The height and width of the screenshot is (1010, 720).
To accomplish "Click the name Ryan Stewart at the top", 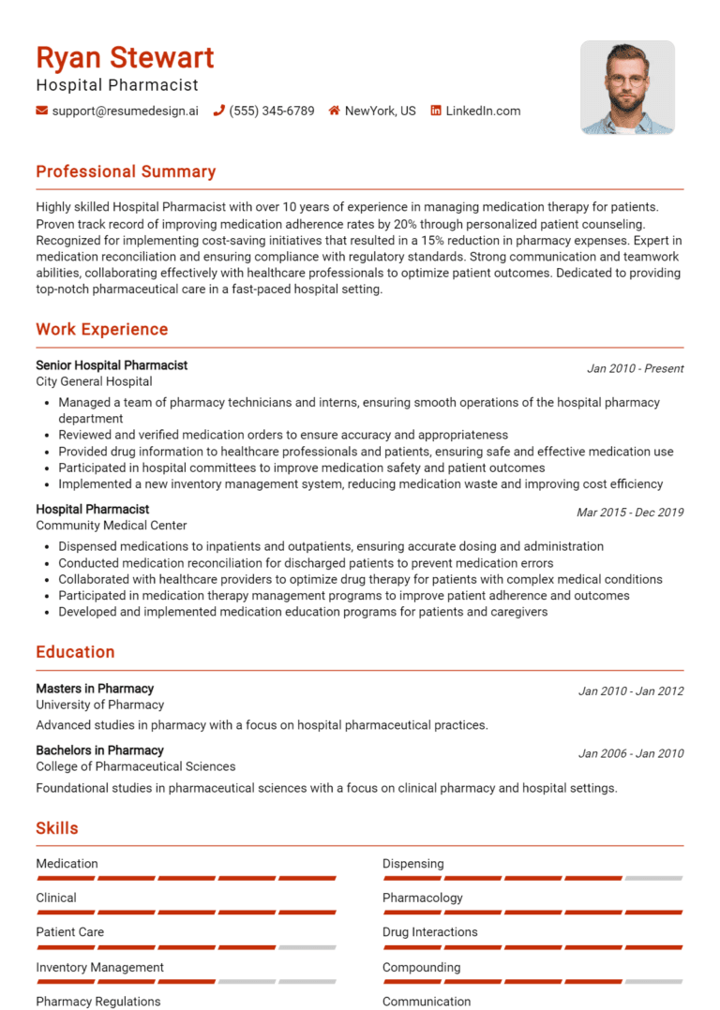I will click(125, 57).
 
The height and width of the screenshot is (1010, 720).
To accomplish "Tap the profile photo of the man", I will click(627, 87).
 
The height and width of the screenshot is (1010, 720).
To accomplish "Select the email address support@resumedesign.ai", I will click(125, 111).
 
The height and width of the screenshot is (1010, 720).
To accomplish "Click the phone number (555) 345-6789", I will click(271, 111).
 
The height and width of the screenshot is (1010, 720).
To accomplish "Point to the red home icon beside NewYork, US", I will click(334, 111).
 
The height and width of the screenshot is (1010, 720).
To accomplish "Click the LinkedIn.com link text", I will click(483, 111).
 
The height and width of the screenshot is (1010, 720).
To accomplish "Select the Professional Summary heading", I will click(126, 171).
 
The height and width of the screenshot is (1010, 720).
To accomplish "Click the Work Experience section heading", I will click(101, 329).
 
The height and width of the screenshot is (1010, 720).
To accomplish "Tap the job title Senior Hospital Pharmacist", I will click(112, 365).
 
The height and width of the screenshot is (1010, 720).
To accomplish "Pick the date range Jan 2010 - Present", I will click(635, 368).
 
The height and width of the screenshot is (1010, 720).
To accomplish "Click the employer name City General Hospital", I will click(94, 381).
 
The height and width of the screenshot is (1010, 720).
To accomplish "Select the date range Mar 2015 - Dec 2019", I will click(629, 512).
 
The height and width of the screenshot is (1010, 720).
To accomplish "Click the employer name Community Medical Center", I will click(111, 526).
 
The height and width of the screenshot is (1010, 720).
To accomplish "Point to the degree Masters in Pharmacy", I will click(95, 689).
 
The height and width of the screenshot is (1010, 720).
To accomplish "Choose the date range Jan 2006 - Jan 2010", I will click(630, 753).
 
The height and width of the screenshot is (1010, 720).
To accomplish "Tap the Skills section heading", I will click(57, 828).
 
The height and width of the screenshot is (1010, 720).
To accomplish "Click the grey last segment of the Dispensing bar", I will click(653, 878).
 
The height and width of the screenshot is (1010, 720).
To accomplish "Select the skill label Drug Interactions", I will click(429, 932).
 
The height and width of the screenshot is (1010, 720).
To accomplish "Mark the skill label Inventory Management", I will click(99, 967).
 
